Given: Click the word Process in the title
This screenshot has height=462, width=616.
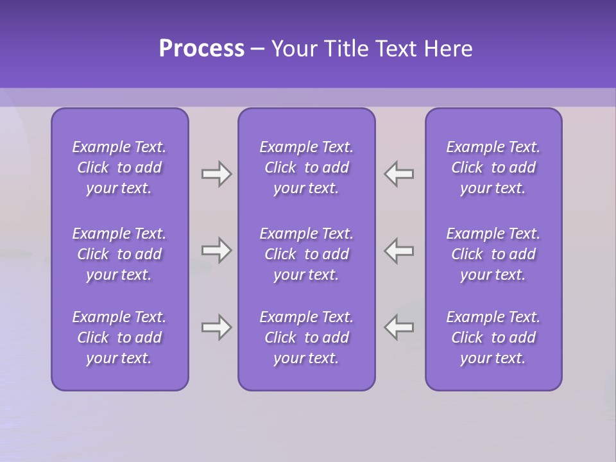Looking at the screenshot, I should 201,49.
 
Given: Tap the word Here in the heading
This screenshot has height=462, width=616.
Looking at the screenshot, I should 447,49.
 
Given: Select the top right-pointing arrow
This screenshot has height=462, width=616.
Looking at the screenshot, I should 216,174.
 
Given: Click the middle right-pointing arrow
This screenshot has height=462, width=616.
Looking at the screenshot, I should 216,250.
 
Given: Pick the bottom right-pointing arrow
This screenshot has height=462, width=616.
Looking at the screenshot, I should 216,327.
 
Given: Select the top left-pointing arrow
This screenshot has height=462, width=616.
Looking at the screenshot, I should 399,174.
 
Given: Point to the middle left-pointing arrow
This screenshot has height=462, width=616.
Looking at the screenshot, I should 399,250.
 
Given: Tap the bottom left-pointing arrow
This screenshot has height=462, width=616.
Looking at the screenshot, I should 399,327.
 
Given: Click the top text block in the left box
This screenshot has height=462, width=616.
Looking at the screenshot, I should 119,167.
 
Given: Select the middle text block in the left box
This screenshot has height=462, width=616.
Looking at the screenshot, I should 119,254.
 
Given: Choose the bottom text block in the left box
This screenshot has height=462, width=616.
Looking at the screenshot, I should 119,338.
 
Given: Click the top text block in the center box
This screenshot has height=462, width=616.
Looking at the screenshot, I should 306,167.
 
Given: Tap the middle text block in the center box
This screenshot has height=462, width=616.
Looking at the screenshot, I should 306,254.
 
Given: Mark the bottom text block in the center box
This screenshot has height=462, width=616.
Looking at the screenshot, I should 306,338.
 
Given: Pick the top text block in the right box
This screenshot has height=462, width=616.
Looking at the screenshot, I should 493,167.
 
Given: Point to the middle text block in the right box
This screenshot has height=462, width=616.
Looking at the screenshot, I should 493,254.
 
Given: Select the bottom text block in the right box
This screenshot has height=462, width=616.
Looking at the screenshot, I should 493,338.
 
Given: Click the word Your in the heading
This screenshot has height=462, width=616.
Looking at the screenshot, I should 296,49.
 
